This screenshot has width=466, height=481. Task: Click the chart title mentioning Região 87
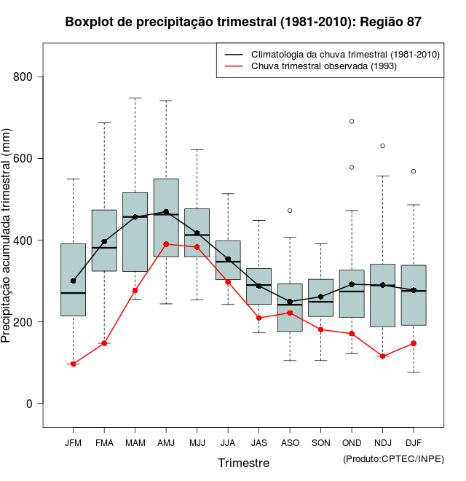[x=243, y=22]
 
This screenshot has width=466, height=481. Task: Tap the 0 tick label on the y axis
[x=29, y=404]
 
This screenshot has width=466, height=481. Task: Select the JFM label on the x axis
[x=73, y=442]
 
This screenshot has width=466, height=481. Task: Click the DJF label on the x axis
[x=414, y=442]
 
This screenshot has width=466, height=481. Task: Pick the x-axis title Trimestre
[x=243, y=463]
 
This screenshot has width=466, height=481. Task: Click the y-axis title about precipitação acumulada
[x=8, y=241]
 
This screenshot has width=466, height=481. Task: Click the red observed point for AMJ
[x=166, y=244]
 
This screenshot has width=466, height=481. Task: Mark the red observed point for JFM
[x=73, y=364]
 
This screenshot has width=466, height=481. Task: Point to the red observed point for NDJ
[x=382, y=356]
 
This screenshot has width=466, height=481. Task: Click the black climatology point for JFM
[x=73, y=281]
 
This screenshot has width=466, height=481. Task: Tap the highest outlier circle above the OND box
[x=352, y=121]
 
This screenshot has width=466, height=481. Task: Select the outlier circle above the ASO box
[x=290, y=211]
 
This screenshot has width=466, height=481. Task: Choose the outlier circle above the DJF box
[x=414, y=171]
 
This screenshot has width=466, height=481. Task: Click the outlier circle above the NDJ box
[x=382, y=146]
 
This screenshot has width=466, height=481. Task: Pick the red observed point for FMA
[x=104, y=343]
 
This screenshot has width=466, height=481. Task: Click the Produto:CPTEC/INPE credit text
[x=393, y=458]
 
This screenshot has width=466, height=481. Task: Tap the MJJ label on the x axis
[x=197, y=442]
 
